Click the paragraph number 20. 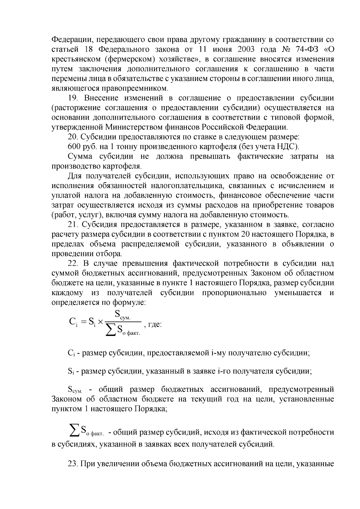click(x=73, y=137)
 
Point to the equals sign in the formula click(x=83, y=322)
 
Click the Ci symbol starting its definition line click(x=71, y=353)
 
